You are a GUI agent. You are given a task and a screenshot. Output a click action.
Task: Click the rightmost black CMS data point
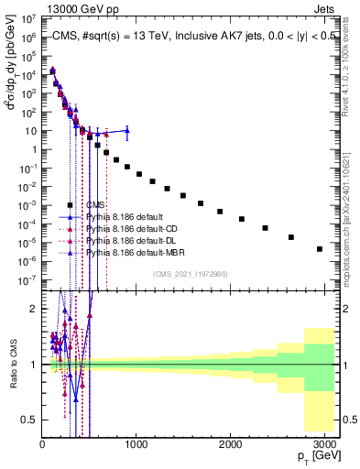tap(320, 248)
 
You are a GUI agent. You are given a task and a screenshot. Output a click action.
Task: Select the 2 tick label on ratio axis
tap(33, 309)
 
